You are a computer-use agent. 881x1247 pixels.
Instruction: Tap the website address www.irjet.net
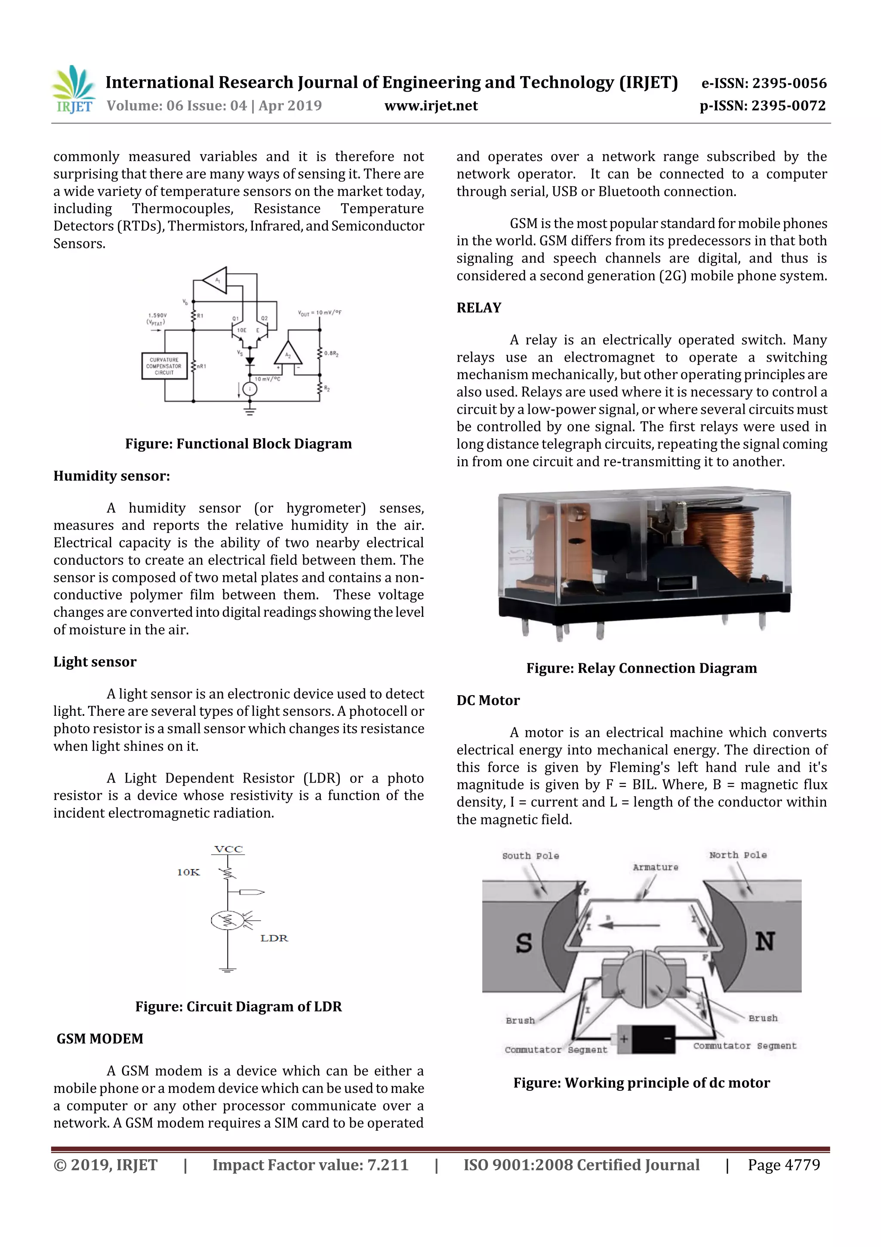(431, 106)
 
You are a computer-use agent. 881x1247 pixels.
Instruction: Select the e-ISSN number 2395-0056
(789, 83)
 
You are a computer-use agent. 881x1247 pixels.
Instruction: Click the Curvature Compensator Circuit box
(164, 366)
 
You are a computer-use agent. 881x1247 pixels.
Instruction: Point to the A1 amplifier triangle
(216, 280)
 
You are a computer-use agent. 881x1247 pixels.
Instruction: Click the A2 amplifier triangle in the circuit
(288, 354)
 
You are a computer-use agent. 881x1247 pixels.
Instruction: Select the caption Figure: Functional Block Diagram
(238, 444)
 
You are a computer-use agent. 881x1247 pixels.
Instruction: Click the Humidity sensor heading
(111, 476)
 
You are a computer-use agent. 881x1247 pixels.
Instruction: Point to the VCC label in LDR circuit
(228, 849)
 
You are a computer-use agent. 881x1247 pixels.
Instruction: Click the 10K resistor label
(188, 872)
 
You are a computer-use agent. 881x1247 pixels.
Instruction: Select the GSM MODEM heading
(100, 1038)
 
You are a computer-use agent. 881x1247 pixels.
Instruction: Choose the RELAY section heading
(479, 308)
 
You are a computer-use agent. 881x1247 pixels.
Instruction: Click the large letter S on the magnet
(523, 942)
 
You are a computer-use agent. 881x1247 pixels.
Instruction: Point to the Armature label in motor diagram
(655, 867)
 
